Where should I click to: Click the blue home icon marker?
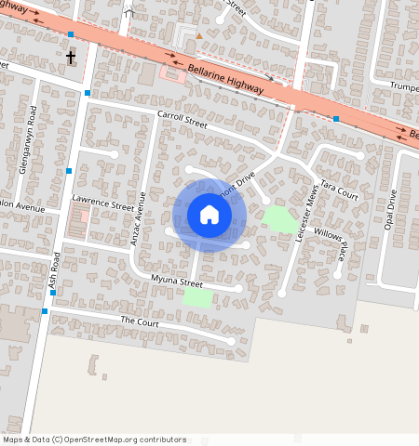coord(209,216)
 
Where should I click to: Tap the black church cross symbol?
coord(72,58)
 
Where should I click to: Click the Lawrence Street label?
coord(103,203)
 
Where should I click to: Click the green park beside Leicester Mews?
coord(279,220)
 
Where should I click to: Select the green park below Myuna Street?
coord(197,297)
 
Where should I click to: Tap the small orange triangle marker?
coord(197,35)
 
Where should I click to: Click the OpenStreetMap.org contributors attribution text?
coord(122,439)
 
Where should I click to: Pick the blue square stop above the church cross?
coord(72,35)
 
